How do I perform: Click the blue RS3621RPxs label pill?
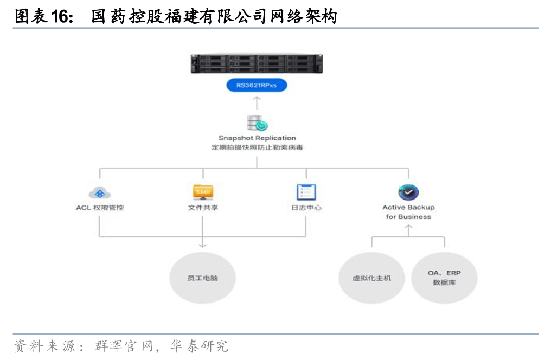(x=257, y=85)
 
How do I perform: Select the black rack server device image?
(x=257, y=63)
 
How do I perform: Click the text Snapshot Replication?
(x=257, y=138)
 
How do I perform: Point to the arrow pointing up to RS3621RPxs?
(x=257, y=101)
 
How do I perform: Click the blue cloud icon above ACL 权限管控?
(x=100, y=192)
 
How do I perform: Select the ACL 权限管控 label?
(x=100, y=208)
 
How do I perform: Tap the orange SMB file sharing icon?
(x=203, y=192)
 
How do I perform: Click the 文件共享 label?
(x=203, y=208)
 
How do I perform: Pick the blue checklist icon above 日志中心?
(x=306, y=192)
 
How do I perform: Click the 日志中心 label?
(x=306, y=208)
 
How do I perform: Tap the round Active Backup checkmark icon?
(x=408, y=192)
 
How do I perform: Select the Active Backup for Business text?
(x=408, y=212)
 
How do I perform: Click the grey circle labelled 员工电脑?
(x=203, y=278)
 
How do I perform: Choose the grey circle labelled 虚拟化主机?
(x=371, y=278)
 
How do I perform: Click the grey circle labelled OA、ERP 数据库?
(x=444, y=278)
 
